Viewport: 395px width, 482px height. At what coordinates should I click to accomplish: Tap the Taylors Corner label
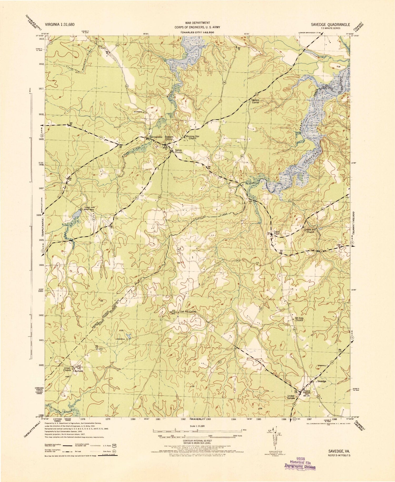[x=255, y=101]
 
